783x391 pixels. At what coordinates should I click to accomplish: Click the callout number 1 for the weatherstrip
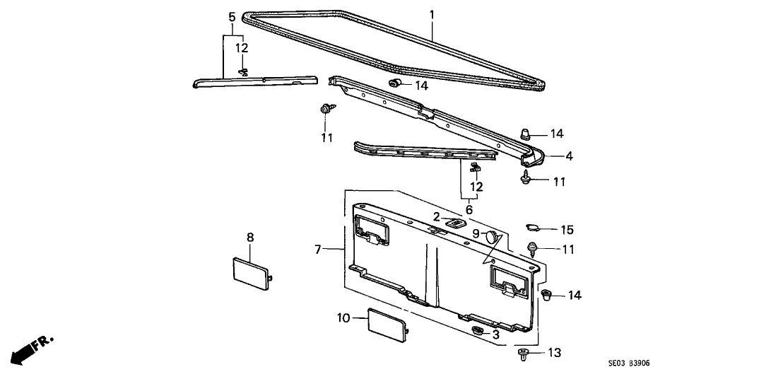tap(432, 13)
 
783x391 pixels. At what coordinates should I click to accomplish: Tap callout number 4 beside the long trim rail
tap(567, 156)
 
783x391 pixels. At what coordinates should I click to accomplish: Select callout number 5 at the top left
tap(232, 16)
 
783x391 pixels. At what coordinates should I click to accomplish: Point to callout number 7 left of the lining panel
tap(319, 249)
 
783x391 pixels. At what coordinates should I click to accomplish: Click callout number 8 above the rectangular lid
tap(249, 237)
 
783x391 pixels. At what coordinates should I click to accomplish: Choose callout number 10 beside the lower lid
tap(343, 319)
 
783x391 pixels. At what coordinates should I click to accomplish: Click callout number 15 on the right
tap(567, 230)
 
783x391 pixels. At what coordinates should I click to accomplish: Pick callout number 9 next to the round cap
tap(476, 233)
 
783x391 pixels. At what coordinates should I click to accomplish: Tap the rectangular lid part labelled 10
tap(386, 325)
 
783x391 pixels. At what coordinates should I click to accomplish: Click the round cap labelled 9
tap(493, 239)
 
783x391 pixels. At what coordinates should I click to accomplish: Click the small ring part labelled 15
tap(536, 228)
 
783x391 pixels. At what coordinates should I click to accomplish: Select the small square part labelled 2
tap(456, 223)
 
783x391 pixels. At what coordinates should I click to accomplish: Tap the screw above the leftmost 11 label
tap(326, 109)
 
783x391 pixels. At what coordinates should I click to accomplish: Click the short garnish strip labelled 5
tap(254, 82)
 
